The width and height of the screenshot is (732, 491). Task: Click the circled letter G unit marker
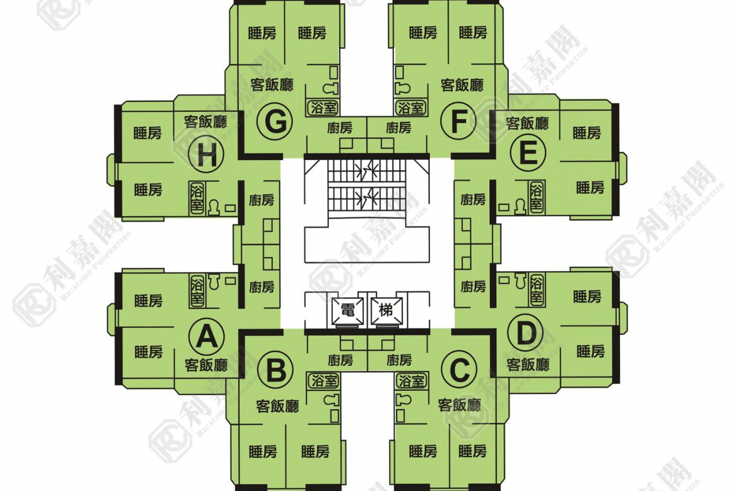[x=275, y=122]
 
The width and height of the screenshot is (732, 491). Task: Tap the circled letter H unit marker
[x=207, y=155]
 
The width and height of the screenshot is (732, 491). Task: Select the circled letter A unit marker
[x=207, y=337]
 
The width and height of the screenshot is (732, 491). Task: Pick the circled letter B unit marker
[x=275, y=370]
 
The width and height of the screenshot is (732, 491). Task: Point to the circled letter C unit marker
[x=459, y=370]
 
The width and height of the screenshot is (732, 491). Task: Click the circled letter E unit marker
[x=528, y=153]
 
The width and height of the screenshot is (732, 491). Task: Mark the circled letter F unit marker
[x=459, y=121]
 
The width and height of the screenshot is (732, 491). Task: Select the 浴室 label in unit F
[x=411, y=108]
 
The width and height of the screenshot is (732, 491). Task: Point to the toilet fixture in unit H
[x=214, y=207]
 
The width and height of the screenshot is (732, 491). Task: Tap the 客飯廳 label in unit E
[x=527, y=124]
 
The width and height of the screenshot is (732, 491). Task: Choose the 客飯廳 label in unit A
[x=206, y=365]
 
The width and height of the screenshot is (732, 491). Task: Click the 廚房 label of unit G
[x=340, y=128]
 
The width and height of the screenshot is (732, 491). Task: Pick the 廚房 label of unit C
[x=399, y=360]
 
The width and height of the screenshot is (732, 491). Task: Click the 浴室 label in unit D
[x=537, y=290]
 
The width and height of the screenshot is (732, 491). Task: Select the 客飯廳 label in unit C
[x=459, y=405]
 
